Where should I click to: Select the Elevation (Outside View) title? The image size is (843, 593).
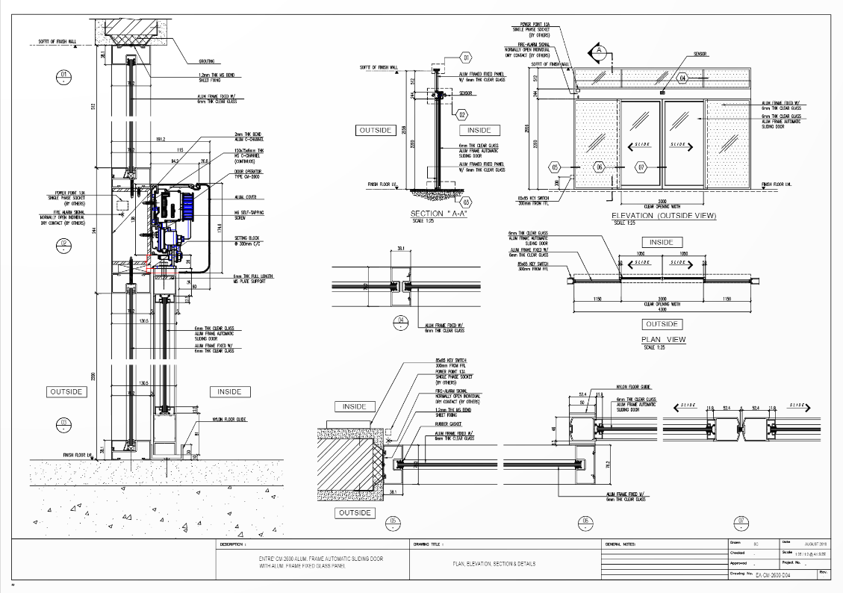click(x=665, y=216)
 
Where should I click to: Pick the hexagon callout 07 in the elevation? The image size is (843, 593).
click(x=641, y=167)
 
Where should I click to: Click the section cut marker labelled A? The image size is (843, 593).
click(x=598, y=52)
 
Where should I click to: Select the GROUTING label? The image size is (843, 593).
click(x=207, y=61)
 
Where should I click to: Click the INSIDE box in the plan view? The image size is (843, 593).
click(x=661, y=242)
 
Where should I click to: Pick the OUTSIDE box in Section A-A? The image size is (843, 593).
click(x=376, y=130)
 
